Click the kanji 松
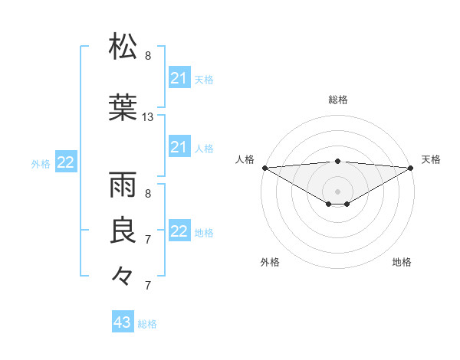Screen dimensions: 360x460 point(123,46)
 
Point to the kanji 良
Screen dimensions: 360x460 point(123,231)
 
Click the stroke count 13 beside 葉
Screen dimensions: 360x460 point(148,117)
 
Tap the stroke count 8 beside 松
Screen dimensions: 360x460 point(148,56)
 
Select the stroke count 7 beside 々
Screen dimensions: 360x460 point(148,286)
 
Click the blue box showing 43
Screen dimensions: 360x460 point(123,322)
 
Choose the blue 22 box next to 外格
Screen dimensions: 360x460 point(66,162)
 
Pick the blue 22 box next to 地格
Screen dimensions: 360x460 point(179,231)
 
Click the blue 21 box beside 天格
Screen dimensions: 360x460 point(179,78)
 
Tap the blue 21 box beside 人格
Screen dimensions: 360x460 point(179,147)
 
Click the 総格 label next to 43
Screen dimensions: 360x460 point(147,324)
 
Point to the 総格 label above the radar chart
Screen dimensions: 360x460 point(337,100)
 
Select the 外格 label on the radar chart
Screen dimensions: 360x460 point(270,262)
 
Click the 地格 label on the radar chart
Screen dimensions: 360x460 point(402,262)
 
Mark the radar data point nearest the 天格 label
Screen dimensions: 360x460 point(411,167)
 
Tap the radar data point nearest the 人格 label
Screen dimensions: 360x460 point(264,167)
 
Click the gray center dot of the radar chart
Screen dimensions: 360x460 point(337,190)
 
